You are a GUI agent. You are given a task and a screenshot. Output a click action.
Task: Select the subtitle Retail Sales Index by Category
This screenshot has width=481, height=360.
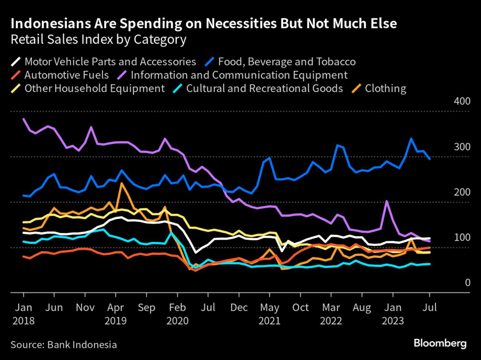pos(98,39)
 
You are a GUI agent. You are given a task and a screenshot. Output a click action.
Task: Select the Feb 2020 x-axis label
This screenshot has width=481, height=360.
pos(177,314)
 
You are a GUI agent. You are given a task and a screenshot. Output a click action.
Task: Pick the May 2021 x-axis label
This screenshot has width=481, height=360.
pos(269,314)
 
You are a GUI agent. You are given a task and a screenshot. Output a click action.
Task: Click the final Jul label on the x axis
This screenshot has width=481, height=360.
pos(429,308)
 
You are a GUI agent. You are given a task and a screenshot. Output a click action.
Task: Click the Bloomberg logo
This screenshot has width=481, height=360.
pos(440,344)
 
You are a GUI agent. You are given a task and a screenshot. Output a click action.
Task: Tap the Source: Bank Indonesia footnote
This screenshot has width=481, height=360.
pos(64,344)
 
